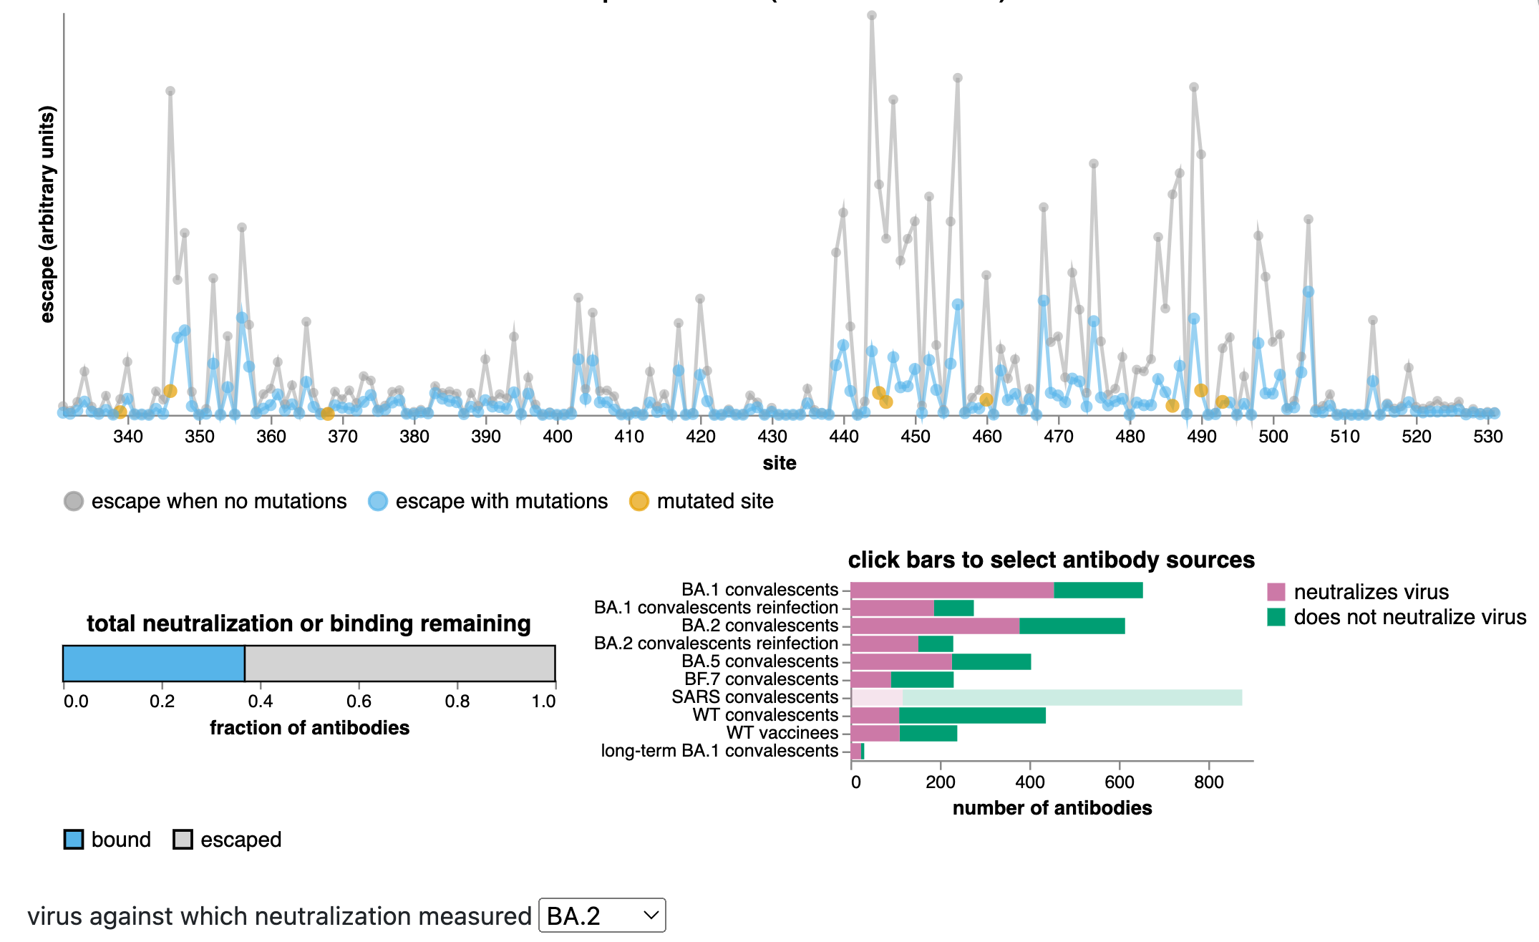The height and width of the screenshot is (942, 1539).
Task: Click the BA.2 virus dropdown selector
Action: (601, 916)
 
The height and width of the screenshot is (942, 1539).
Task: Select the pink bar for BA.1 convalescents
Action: (951, 590)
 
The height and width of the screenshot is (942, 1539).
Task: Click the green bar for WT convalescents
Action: (971, 715)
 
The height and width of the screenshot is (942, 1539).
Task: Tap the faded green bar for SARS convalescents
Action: (1072, 697)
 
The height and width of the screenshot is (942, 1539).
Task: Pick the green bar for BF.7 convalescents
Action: (922, 679)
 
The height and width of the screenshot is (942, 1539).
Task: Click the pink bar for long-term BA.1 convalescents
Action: (856, 751)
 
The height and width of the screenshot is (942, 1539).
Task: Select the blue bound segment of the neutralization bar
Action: (154, 664)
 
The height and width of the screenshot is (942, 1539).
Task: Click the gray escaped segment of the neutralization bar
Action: (399, 664)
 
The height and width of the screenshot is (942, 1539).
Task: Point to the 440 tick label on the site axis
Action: (844, 437)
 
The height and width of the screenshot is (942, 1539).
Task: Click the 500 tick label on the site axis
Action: (1273, 437)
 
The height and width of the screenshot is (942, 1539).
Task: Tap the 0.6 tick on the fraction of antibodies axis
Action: (359, 701)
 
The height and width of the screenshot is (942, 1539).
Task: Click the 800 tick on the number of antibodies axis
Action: (1208, 782)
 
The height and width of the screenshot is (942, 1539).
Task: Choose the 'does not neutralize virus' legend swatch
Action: (1276, 617)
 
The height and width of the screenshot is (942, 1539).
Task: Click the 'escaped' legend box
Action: (183, 840)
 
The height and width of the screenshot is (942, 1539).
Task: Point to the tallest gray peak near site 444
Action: (871, 15)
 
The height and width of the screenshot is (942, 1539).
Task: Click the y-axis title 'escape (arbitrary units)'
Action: (47, 215)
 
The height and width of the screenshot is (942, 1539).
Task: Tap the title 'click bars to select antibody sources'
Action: (1051, 560)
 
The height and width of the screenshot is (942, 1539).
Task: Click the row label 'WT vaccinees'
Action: (782, 733)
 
